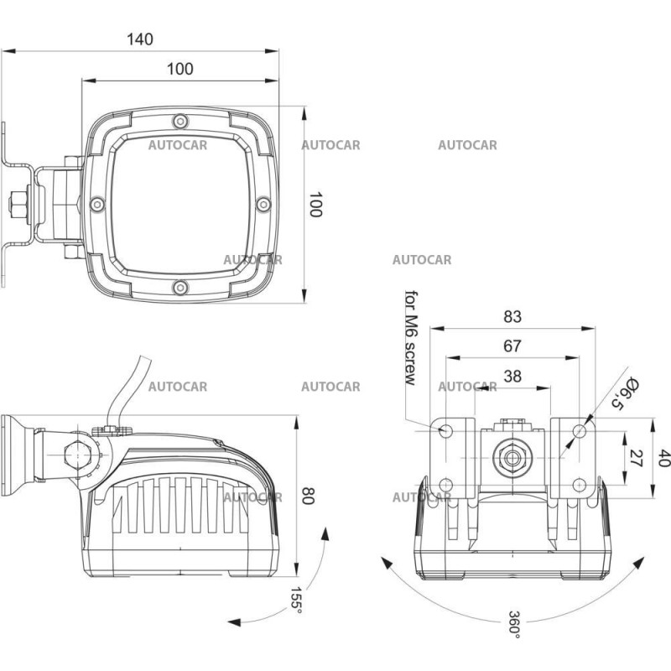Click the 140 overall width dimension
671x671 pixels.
[141, 39]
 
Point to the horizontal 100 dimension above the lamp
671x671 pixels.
[179, 69]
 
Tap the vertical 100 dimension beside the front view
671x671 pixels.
[315, 205]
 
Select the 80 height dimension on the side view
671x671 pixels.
[306, 497]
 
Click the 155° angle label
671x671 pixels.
[295, 598]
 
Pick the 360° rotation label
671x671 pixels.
[514, 625]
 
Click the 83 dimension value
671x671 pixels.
[512, 316]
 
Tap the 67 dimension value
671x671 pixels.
[512, 346]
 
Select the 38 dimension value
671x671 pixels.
[512, 377]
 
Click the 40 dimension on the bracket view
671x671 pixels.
[663, 459]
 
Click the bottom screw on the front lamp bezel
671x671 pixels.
[179, 289]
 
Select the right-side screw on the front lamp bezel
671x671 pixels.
[263, 204]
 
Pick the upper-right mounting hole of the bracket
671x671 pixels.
[580, 431]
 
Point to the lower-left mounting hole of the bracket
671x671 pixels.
[446, 485]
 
